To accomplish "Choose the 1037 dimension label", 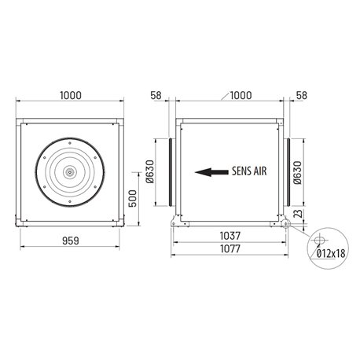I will tap(231, 234).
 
